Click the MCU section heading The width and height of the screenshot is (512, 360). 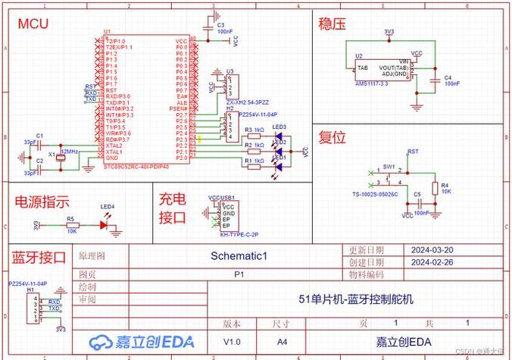(33, 23)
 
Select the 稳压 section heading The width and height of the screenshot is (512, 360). (332, 24)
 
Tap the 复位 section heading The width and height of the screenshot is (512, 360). (332, 137)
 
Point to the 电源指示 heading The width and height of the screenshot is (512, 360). (42, 202)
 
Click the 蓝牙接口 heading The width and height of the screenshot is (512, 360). (39, 256)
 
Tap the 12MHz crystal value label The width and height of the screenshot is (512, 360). (69, 152)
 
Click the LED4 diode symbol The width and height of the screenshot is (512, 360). (105, 224)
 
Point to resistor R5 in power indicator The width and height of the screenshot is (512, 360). (71, 224)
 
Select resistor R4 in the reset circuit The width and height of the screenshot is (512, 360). (435, 187)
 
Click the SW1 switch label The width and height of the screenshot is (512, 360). (389, 165)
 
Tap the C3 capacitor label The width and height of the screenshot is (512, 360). (220, 25)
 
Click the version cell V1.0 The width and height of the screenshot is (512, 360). (232, 341)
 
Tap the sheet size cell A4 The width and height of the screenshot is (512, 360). (282, 341)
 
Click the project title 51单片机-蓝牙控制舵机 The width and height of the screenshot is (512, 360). (355, 299)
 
